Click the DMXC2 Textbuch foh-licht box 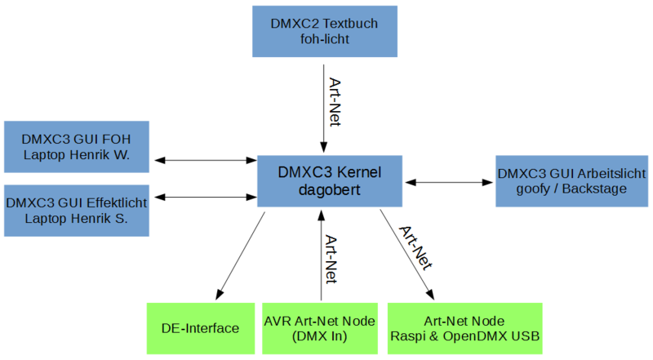(323, 32)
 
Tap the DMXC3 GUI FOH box (77, 146)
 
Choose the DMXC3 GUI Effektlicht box (77, 210)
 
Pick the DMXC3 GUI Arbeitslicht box (571, 180)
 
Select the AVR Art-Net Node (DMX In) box (320, 328)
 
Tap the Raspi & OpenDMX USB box (464, 328)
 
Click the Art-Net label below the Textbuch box (334, 102)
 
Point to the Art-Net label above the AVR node (331, 259)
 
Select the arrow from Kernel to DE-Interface (241, 254)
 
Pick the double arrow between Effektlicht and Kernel (203, 197)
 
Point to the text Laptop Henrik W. (77, 154)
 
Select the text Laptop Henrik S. (77, 218)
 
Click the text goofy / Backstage (571, 189)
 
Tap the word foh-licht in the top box (323, 39)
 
